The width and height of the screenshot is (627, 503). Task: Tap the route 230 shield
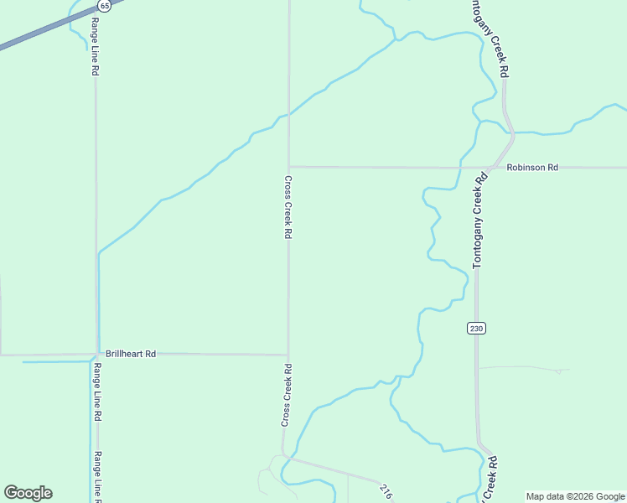[x=476, y=329]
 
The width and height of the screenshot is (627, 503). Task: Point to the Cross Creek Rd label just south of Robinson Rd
[x=288, y=208]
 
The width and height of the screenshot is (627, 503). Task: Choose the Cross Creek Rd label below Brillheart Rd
[x=287, y=394]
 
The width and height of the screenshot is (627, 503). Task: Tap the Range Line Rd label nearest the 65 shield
[x=96, y=45]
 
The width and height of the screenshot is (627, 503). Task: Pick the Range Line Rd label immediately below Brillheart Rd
[x=97, y=392]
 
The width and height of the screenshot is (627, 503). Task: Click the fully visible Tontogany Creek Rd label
[x=479, y=220]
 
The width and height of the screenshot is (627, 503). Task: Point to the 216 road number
[x=385, y=491]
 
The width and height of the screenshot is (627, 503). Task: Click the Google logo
[x=28, y=493]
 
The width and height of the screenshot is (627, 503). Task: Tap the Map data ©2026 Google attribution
[x=575, y=496]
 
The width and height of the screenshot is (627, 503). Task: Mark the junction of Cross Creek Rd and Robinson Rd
[x=288, y=166]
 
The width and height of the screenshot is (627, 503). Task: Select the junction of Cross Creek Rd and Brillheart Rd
[x=288, y=355]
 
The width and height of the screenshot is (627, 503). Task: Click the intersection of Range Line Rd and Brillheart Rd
[x=96, y=355]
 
